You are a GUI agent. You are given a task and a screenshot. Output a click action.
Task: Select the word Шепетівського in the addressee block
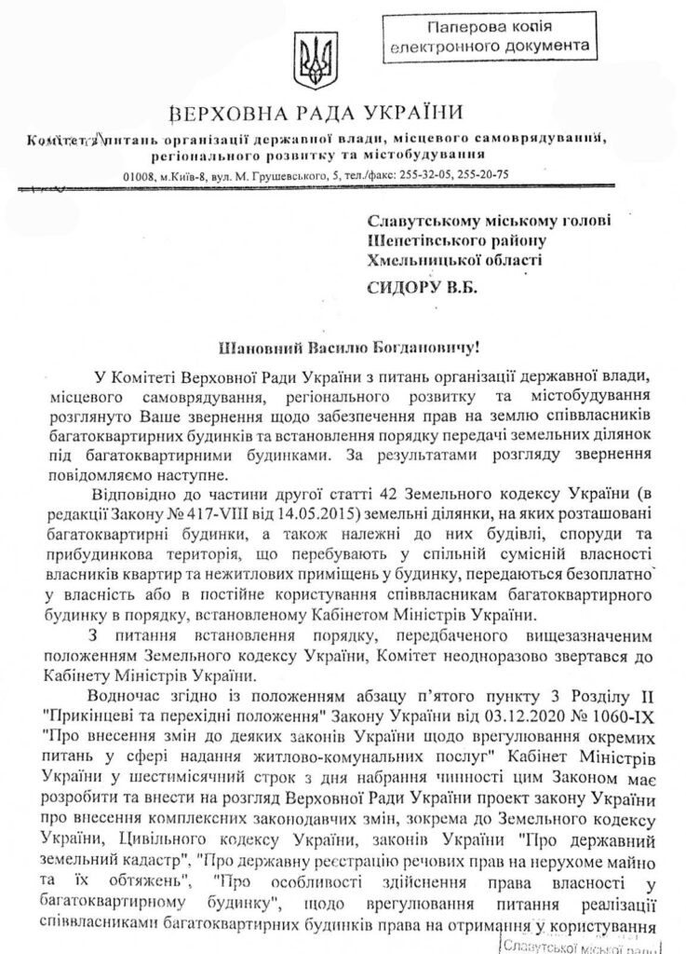(424, 240)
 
